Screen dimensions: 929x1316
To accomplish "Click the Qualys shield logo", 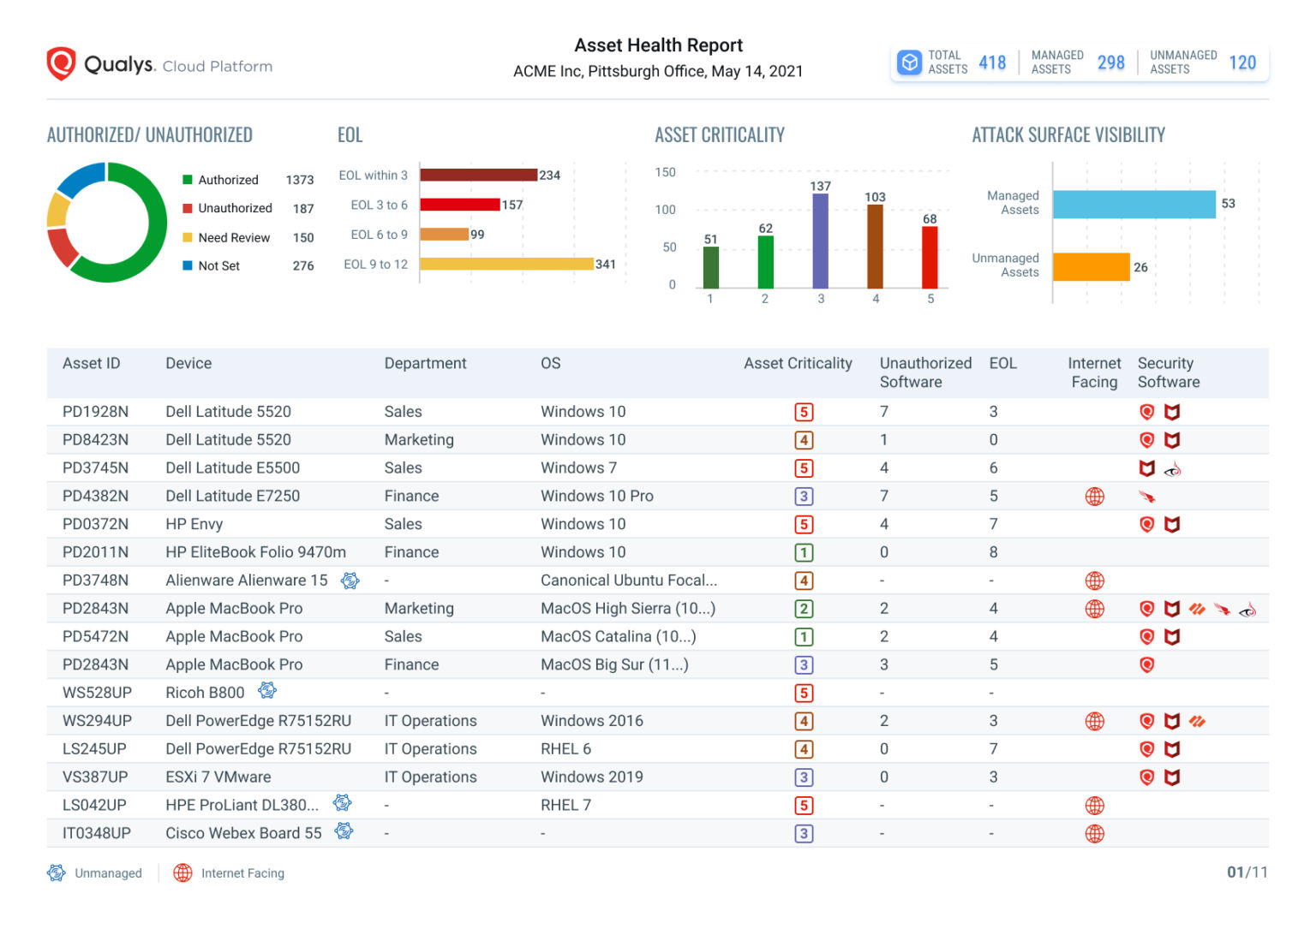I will click(61, 64).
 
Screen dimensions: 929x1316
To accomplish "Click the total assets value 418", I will click(992, 63).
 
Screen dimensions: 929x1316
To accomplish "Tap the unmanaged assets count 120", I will click(1241, 63).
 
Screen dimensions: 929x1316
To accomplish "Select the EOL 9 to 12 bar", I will click(506, 264).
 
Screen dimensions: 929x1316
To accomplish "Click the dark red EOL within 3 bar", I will click(478, 175).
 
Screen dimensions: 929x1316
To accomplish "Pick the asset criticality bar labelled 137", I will click(820, 241).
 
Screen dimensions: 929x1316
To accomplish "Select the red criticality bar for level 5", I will click(930, 257).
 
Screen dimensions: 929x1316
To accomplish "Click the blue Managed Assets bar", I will click(1134, 204).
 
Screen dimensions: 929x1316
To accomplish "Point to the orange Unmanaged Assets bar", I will click(1091, 267).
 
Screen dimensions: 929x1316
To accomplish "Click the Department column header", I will click(425, 363).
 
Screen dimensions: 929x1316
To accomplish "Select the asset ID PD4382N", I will click(95, 496).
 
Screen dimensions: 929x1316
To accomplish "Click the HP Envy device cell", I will click(194, 524).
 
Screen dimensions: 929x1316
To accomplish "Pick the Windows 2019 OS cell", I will click(591, 777).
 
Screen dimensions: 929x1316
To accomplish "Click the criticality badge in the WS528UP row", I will click(803, 693).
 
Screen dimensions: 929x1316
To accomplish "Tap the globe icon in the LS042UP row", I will click(1094, 805).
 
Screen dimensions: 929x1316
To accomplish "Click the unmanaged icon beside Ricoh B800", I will click(267, 690).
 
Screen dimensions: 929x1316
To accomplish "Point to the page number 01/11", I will click(1247, 872).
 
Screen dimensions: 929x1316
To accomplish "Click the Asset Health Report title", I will click(658, 45).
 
